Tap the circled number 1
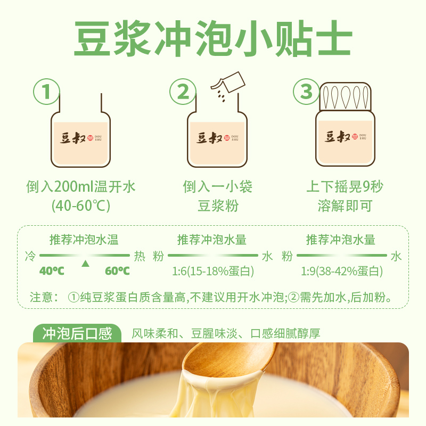[x=47, y=92]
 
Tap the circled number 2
[x=183, y=92]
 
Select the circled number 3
[x=307, y=92]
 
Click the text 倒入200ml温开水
[x=81, y=187]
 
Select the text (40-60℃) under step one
[x=81, y=206]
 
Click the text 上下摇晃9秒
[x=345, y=187]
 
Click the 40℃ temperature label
[x=52, y=271]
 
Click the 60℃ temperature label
[x=117, y=271]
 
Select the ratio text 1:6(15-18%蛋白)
[x=212, y=272]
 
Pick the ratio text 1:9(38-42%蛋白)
[x=341, y=272]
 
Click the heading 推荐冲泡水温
[x=84, y=239]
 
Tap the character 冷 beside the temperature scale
[x=30, y=256]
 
